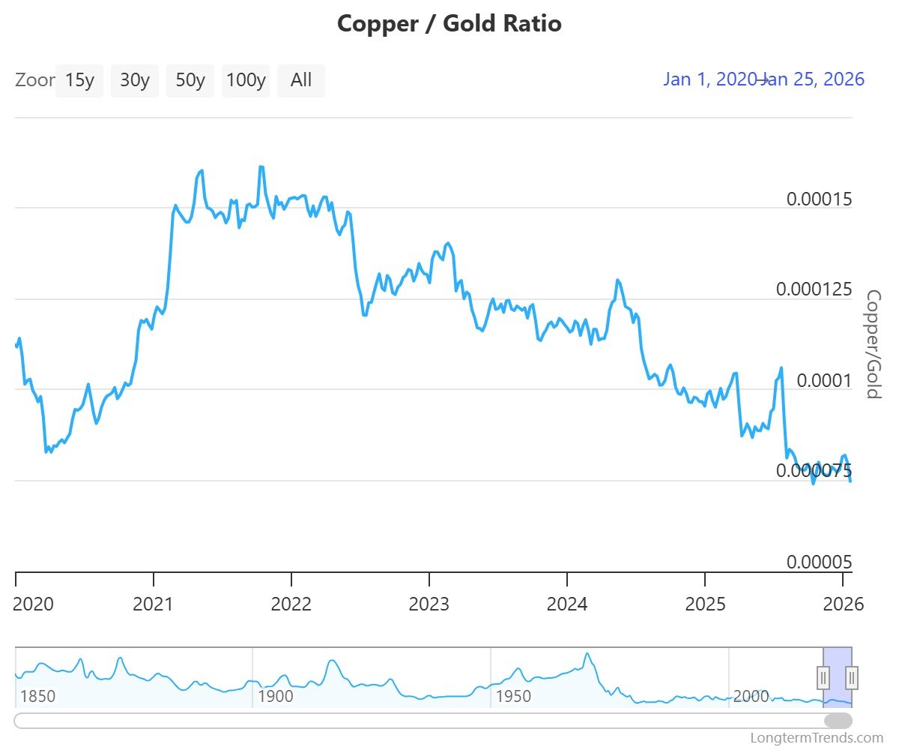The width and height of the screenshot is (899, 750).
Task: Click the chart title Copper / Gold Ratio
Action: pyautogui.click(x=449, y=24)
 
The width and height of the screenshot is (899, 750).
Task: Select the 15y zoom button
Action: pyautogui.click(x=79, y=80)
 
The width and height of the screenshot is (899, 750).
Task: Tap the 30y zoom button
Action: pyautogui.click(x=135, y=80)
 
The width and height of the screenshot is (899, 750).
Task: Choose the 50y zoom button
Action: pyautogui.click(x=190, y=80)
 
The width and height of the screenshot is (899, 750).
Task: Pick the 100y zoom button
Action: pyautogui.click(x=246, y=80)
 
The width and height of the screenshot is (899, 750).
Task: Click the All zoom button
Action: pyautogui.click(x=301, y=80)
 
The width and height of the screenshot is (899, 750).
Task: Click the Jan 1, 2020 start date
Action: pyautogui.click(x=709, y=79)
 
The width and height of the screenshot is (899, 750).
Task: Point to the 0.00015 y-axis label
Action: pyautogui.click(x=819, y=199)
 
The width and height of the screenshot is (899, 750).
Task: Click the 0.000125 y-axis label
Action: pyautogui.click(x=814, y=290)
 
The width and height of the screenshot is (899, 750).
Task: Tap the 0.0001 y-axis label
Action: pyautogui.click(x=824, y=381)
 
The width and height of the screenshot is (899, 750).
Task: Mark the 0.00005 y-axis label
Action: pyautogui.click(x=819, y=562)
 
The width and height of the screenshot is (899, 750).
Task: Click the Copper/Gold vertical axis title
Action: pyautogui.click(x=873, y=344)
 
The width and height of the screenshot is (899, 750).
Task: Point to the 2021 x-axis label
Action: pyautogui.click(x=153, y=604)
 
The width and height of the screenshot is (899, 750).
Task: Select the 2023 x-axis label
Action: pyautogui.click(x=429, y=604)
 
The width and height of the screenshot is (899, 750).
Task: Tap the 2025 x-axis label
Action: pyautogui.click(x=704, y=604)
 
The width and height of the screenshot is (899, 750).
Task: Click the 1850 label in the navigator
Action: pyautogui.click(x=37, y=696)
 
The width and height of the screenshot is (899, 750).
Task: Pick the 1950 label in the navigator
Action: pyautogui.click(x=513, y=696)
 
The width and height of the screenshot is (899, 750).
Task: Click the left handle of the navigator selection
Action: pyautogui.click(x=823, y=678)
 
